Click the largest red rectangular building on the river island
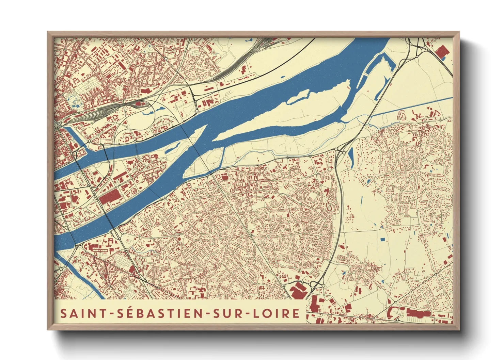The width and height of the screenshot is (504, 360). pos(110,197)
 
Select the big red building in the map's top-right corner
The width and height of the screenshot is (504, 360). pos(441,52)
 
